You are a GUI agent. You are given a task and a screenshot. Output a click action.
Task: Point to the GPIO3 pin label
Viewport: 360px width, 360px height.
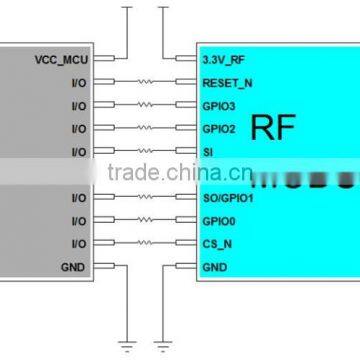218,106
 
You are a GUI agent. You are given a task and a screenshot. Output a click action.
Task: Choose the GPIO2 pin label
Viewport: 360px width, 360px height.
218,128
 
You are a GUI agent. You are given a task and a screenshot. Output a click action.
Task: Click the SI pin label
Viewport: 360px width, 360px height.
207,151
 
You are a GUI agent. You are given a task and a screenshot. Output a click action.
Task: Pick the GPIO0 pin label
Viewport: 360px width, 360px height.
218,221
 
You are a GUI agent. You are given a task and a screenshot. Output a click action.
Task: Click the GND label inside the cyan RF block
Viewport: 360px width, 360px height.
213,266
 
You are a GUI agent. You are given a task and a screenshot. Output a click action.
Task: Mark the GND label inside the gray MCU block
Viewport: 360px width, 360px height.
74,266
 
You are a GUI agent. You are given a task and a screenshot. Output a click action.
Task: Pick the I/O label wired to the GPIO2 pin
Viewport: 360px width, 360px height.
79,128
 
